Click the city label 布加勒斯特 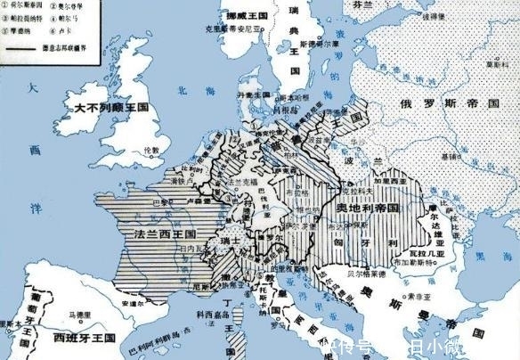click(432, 269)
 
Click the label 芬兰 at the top click(361, 5)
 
